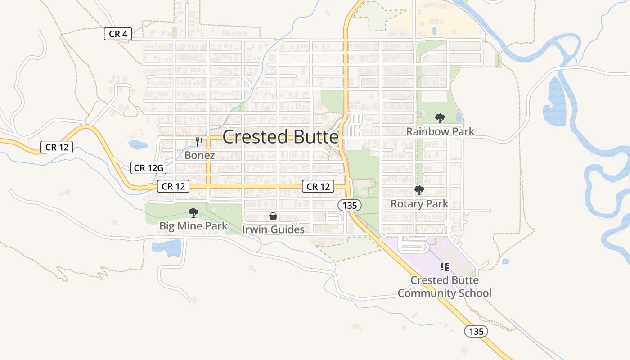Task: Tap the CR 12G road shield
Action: click(x=148, y=168)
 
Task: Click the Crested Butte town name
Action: click(x=280, y=137)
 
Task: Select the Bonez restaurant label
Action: click(x=199, y=155)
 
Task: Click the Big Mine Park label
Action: click(x=193, y=225)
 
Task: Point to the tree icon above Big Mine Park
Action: click(x=193, y=212)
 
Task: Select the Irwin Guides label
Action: click(x=273, y=229)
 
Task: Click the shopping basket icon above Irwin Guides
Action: click(x=273, y=217)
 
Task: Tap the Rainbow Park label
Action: click(x=440, y=131)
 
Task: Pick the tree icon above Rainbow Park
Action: click(x=440, y=118)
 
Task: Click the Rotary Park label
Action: click(x=419, y=204)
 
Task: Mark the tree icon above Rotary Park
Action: click(x=419, y=190)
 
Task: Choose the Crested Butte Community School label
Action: click(x=445, y=287)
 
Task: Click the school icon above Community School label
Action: click(x=445, y=267)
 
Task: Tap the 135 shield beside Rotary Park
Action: click(x=350, y=206)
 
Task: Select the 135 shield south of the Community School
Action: click(x=476, y=332)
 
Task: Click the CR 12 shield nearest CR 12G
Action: click(x=174, y=186)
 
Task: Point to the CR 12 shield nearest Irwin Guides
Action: click(x=319, y=186)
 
